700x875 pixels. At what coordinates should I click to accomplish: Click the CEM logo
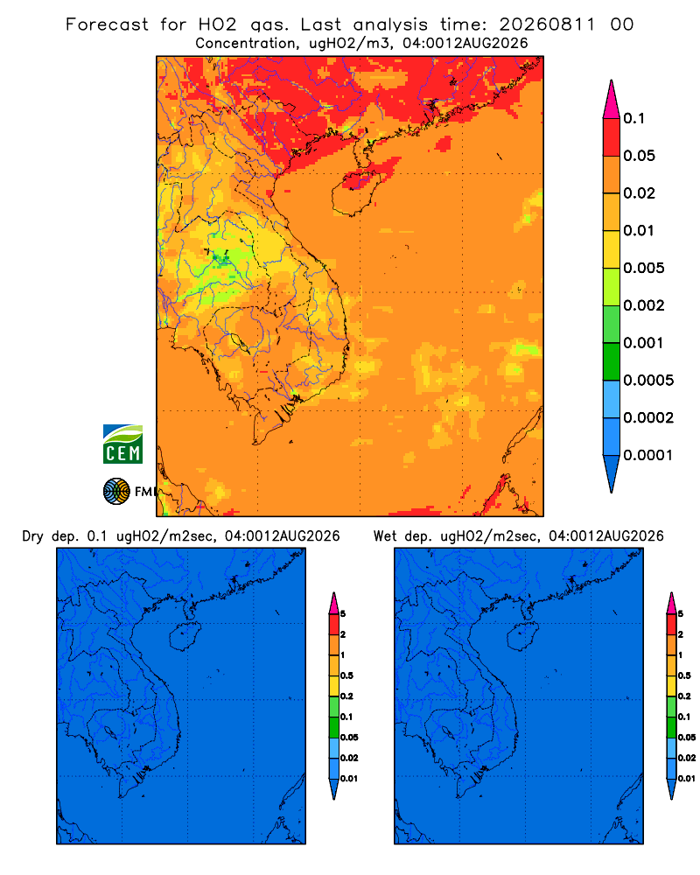[x=122, y=444]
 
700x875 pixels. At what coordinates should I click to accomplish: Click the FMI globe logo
[x=116, y=492]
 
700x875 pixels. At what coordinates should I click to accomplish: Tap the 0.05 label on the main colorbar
[x=639, y=156]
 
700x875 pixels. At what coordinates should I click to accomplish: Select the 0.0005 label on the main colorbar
[x=648, y=381]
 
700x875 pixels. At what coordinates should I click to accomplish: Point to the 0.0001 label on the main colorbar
[x=648, y=455]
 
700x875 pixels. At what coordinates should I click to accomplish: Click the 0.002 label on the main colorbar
[x=644, y=305]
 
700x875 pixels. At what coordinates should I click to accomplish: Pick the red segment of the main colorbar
[x=612, y=137]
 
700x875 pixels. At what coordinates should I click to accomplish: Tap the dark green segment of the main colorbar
[x=612, y=361]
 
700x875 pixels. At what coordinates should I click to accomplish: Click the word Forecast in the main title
[x=107, y=24]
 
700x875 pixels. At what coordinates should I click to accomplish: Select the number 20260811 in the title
[x=547, y=24]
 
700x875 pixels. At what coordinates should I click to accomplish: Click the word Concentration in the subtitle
[x=246, y=44]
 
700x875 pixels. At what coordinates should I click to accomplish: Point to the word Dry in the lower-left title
[x=33, y=536]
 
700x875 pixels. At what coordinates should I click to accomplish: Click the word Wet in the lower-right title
[x=385, y=536]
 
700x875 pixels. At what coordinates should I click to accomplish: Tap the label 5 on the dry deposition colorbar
[x=343, y=614]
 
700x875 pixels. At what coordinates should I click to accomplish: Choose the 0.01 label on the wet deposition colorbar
[x=687, y=779]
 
